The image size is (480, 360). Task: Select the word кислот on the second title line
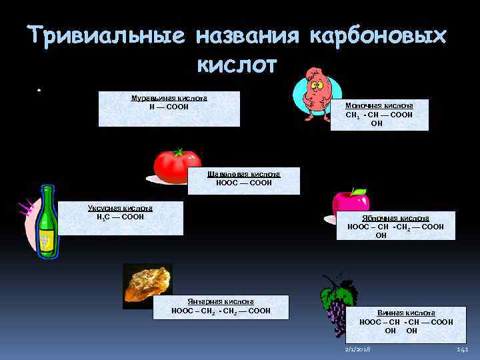237,65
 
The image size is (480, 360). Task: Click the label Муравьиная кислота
169,98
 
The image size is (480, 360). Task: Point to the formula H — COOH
169,107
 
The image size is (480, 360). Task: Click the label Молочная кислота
379,105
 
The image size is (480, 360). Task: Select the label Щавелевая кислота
243,174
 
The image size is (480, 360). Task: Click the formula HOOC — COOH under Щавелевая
243,183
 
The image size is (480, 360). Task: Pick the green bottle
46,221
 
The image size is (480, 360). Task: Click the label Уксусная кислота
120,208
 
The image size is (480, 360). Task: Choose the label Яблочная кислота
395,218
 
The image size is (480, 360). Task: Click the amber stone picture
147,285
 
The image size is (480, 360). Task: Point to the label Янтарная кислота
221,301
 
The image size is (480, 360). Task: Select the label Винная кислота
406,313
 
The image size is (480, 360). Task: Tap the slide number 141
463,349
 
